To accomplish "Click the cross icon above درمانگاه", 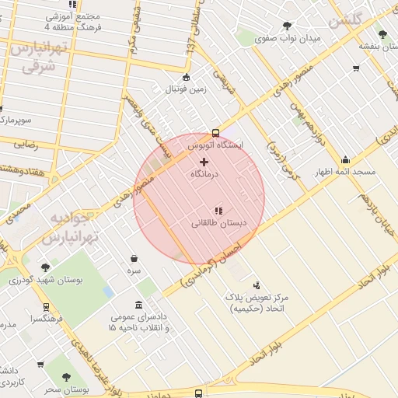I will coord(204,162).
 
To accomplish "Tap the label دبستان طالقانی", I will coord(218,223).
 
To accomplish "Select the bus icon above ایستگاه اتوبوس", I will coord(215,132).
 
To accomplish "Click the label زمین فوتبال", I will coord(185,89).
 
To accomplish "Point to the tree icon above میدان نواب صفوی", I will coord(288,26).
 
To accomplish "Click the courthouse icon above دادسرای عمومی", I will coord(138,304).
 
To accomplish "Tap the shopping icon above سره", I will coord(134,258).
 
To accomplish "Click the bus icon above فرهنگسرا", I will coord(46,307).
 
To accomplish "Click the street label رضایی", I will coord(25,144).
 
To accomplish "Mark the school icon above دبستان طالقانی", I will coord(218,210).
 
